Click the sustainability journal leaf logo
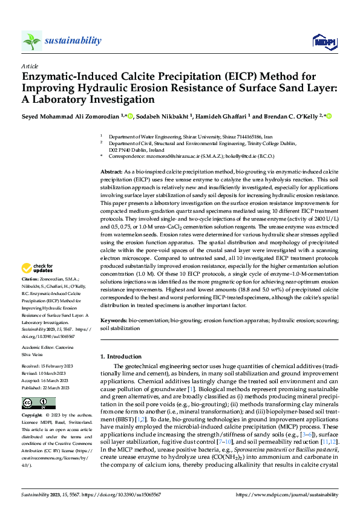coord(31,41)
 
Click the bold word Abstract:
coord(111,172)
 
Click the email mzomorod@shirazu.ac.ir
coord(159,156)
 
